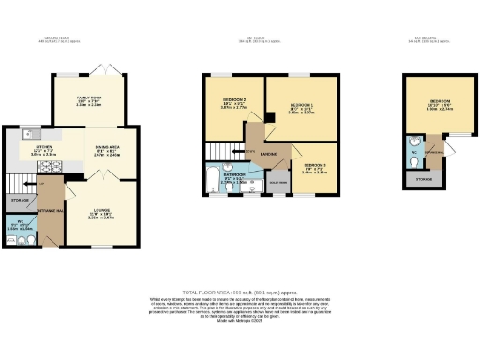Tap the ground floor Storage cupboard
[20, 200]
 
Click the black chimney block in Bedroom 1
[270, 117]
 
